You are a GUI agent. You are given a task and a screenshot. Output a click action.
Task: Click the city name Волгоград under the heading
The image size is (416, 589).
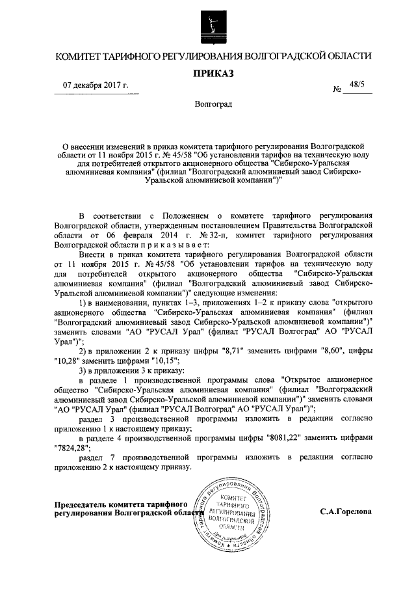click(209, 104)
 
